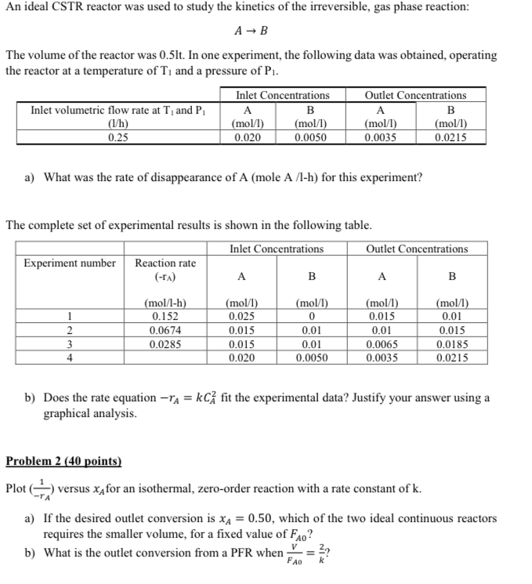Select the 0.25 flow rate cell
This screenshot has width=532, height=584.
tap(118, 136)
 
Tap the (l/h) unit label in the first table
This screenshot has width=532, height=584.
tap(118, 123)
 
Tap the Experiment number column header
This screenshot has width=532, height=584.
tap(70, 263)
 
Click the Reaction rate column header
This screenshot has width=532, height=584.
tap(165, 263)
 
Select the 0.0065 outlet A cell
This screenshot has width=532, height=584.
tap(381, 343)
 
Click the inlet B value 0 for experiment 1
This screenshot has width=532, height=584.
tap(311, 315)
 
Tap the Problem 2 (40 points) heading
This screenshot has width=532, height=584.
tap(63, 462)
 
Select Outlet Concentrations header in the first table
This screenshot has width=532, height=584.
tap(415, 96)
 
